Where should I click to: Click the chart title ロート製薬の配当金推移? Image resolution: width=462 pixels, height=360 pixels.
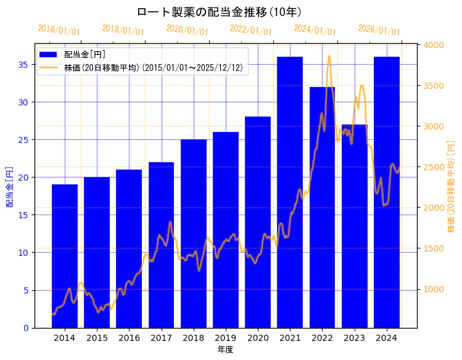tap(219, 12)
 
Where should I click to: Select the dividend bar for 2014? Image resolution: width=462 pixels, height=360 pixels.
tap(65, 256)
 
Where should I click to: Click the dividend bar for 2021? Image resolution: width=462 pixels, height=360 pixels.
tap(290, 192)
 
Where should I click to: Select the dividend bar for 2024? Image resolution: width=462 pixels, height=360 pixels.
tap(387, 192)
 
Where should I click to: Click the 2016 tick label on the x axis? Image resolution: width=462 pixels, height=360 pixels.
tap(129, 338)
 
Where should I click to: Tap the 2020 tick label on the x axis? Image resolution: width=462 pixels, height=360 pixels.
tap(258, 338)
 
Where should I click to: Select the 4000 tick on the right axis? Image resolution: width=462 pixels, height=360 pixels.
tap(434, 45)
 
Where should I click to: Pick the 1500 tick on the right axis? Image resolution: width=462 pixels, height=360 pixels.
tap(434, 248)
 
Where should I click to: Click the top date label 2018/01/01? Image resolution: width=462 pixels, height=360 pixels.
tap(123, 30)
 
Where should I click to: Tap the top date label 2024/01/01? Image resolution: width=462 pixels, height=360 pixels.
tap(315, 30)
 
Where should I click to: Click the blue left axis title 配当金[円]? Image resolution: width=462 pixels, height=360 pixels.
tap(9, 186)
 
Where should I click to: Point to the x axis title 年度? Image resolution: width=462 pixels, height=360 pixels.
tap(225, 350)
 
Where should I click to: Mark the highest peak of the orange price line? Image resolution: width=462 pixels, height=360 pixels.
tap(329, 56)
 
